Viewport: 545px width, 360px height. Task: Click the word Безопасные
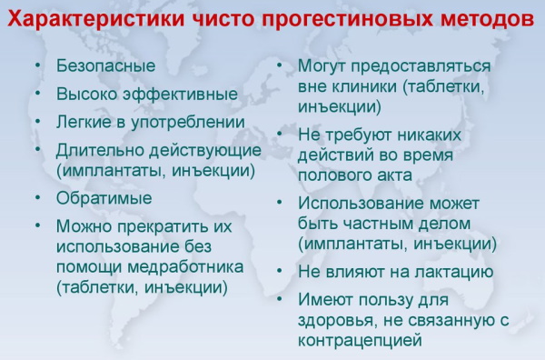point(105,66)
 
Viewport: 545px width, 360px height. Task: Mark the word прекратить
point(167,225)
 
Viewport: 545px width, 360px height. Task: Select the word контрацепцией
point(361,340)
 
